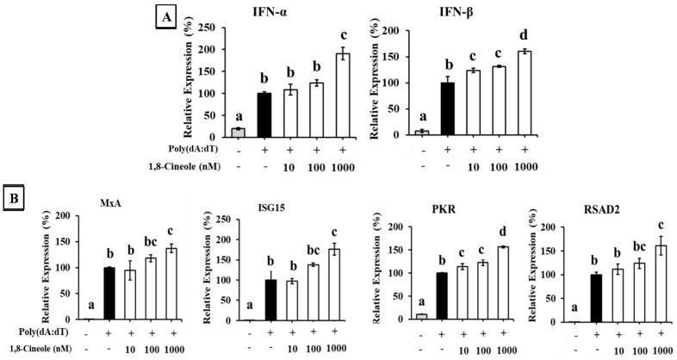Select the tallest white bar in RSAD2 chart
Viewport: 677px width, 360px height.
(661, 282)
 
